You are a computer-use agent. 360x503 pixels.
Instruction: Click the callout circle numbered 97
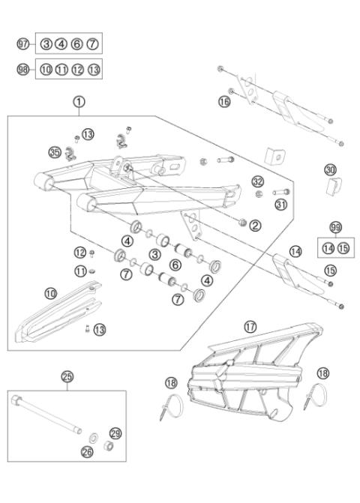pyautogui.click(x=22, y=43)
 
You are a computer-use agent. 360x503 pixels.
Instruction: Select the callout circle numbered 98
pyautogui.click(x=22, y=69)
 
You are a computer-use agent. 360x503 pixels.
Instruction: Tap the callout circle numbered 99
pyautogui.click(x=335, y=226)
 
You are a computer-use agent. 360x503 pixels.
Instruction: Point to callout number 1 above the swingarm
pyautogui.click(x=79, y=100)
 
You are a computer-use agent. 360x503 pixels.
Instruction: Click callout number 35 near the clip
pyautogui.click(x=53, y=152)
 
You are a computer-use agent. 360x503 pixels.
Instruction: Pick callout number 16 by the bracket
pyautogui.click(x=224, y=100)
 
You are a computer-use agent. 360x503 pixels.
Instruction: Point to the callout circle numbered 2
pyautogui.click(x=255, y=225)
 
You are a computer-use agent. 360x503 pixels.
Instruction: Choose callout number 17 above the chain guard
pyautogui.click(x=250, y=326)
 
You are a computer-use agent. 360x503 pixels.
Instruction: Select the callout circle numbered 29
pyautogui.click(x=115, y=433)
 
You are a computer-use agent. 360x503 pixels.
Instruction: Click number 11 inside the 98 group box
pyautogui.click(x=61, y=69)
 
